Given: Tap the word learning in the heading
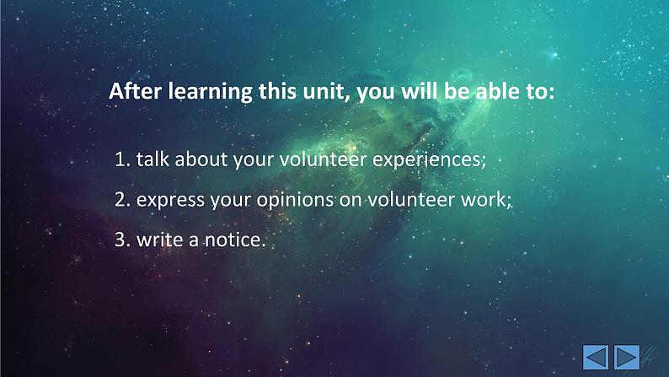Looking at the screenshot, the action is [x=210, y=92].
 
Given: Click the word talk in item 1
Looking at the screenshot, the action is [x=153, y=159].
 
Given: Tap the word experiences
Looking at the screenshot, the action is [x=429, y=161].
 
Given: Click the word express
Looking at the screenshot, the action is [x=170, y=201].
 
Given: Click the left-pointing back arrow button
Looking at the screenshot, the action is [x=596, y=357].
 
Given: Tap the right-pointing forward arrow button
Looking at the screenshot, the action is [x=627, y=357].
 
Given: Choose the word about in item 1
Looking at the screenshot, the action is [x=201, y=159].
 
